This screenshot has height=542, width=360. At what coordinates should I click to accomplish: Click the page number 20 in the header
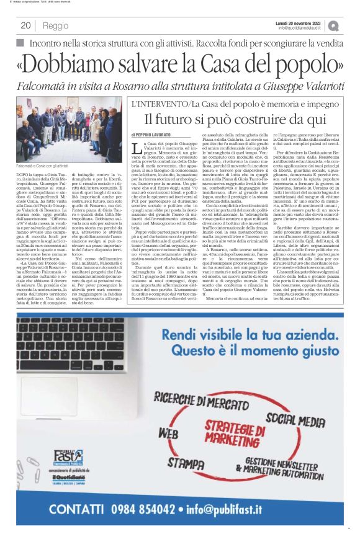[x=26, y=25]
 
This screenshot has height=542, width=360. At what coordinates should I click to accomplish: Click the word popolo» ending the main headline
[x=304, y=63]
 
